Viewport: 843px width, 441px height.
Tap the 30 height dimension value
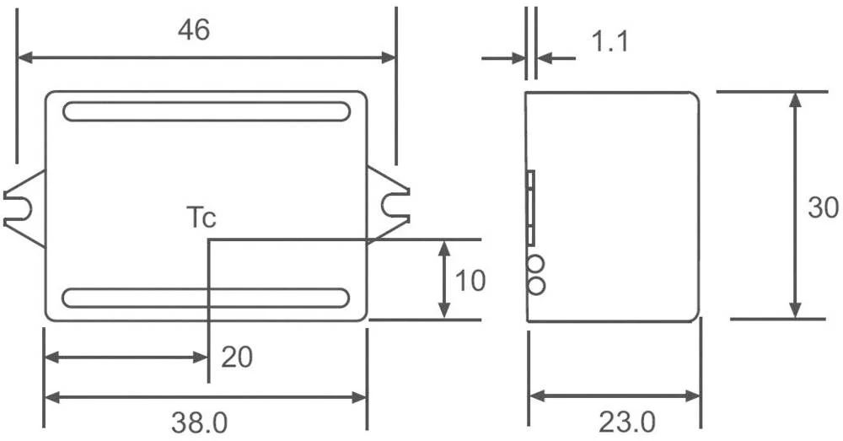tap(823, 207)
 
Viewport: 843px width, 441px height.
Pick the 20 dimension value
tap(237, 358)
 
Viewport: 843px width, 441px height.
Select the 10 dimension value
tap(470, 281)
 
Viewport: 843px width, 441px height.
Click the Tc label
tap(201, 218)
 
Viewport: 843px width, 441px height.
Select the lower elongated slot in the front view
tap(206, 298)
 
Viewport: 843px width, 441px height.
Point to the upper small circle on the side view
tap(534, 266)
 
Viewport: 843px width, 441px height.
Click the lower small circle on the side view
tap(534, 286)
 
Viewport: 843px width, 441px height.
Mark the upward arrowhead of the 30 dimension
tap(793, 99)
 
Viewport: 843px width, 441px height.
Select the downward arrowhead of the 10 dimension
tap(443, 312)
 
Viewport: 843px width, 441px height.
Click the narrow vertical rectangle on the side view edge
tap(530, 207)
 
